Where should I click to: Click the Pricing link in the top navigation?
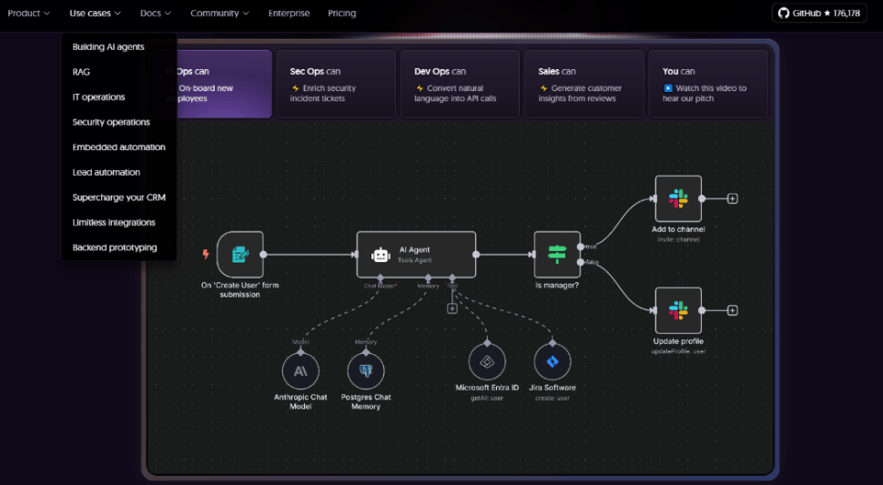point(341,14)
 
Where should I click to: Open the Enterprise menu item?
point(289,14)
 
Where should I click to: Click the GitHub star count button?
point(818,14)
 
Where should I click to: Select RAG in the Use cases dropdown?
point(81,72)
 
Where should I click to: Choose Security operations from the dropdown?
point(111,122)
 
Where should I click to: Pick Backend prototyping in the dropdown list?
point(115,248)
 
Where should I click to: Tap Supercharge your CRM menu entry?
point(118,197)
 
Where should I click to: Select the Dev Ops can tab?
point(460,84)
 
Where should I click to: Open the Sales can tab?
point(584,84)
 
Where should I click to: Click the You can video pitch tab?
point(707,84)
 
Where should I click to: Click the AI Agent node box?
point(415,254)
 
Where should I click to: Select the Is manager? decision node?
point(556,254)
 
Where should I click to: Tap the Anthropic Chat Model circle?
point(299,371)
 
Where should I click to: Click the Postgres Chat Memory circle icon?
point(366,371)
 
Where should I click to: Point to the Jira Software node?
point(552,361)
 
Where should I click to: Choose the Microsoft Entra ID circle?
point(487,361)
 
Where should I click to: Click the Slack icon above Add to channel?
point(678,198)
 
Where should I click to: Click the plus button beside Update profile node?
point(733,310)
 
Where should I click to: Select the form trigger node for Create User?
point(240,254)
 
